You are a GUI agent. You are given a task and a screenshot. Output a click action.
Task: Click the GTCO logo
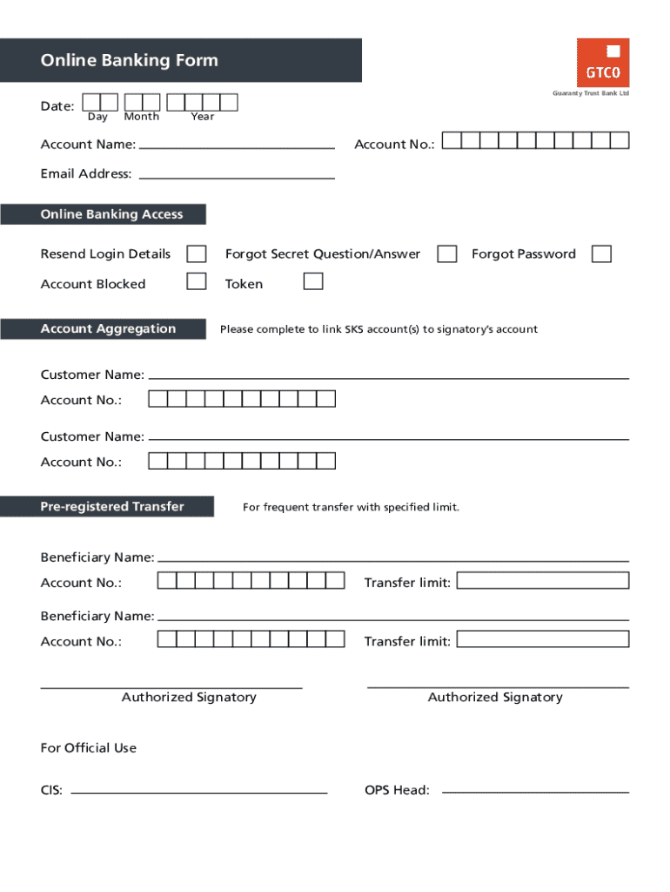pyautogui.click(x=602, y=63)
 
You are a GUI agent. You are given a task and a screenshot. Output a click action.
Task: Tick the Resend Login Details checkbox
pyautogui.click(x=198, y=253)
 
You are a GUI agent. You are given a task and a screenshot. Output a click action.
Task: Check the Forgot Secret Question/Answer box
pyautogui.click(x=447, y=253)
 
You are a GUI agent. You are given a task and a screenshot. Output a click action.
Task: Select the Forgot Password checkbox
pyautogui.click(x=601, y=253)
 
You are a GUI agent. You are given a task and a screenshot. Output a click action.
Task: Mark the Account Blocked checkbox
pyautogui.click(x=198, y=281)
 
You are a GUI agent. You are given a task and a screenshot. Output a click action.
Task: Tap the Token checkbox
pyautogui.click(x=313, y=281)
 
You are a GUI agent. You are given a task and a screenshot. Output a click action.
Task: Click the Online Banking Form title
pyautogui.click(x=129, y=60)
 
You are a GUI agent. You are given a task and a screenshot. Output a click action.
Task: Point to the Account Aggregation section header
pyautogui.click(x=108, y=328)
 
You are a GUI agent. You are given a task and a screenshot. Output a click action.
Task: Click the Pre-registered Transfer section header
pyautogui.click(x=112, y=506)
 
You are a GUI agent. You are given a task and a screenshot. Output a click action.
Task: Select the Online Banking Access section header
pyautogui.click(x=111, y=214)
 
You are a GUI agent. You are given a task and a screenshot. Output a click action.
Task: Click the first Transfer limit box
pyautogui.click(x=542, y=581)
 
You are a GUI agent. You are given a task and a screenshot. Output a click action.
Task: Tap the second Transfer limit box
pyautogui.click(x=542, y=639)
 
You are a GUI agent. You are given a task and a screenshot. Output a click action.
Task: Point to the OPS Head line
pyautogui.click(x=535, y=791)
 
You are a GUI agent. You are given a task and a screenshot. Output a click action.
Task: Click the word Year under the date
pyautogui.click(x=203, y=117)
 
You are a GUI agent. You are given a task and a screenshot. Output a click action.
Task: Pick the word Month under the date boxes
pyautogui.click(x=142, y=117)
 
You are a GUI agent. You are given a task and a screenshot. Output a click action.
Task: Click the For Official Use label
pyautogui.click(x=89, y=747)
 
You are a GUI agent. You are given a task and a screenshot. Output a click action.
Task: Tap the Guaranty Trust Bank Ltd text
pyautogui.click(x=590, y=94)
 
